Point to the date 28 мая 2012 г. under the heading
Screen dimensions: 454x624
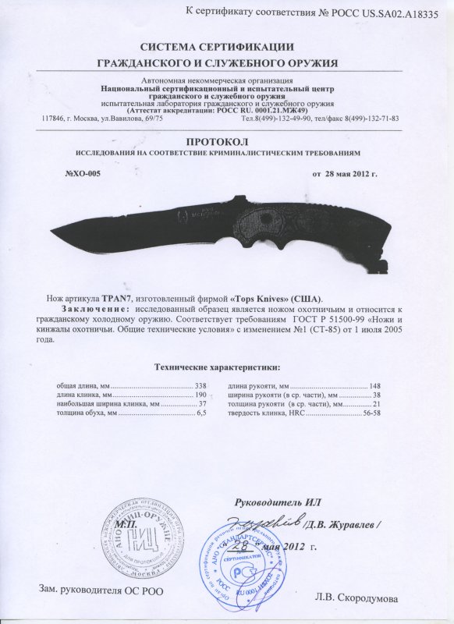[x=345, y=173]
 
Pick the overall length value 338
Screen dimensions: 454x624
[x=200, y=385]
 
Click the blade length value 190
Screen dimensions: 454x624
[x=200, y=395]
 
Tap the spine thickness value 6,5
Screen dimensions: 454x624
[x=200, y=416]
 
